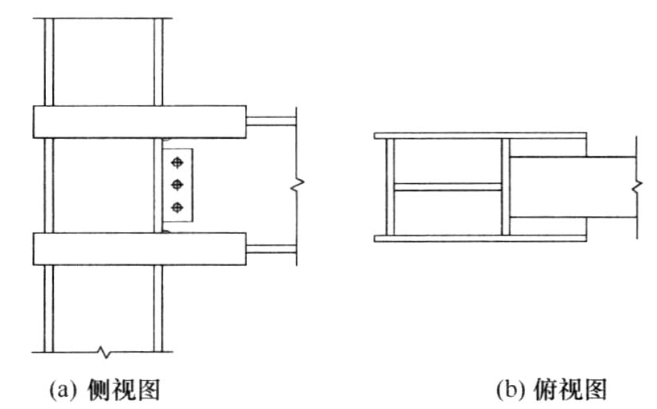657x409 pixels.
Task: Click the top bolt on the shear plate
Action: pos(177,162)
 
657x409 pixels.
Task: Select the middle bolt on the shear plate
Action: pos(177,184)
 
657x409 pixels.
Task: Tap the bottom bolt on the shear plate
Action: pos(177,207)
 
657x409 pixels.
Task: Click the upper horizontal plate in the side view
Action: pos(140,122)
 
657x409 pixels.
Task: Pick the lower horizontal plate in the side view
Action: pos(140,248)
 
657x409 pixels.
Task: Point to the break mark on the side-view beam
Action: pos(298,183)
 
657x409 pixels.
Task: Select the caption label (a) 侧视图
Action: pos(105,390)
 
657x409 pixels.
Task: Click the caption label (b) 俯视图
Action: pos(552,390)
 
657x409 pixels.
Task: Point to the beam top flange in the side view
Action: pos(271,121)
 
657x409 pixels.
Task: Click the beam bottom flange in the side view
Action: pos(271,248)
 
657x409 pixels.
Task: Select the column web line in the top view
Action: pos(448,187)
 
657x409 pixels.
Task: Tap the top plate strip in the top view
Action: pos(480,136)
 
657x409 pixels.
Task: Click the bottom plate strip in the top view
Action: pos(480,239)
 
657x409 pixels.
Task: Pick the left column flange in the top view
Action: pos(390,187)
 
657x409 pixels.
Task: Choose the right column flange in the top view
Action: pos(506,187)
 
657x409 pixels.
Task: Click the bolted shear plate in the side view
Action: pos(178,185)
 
